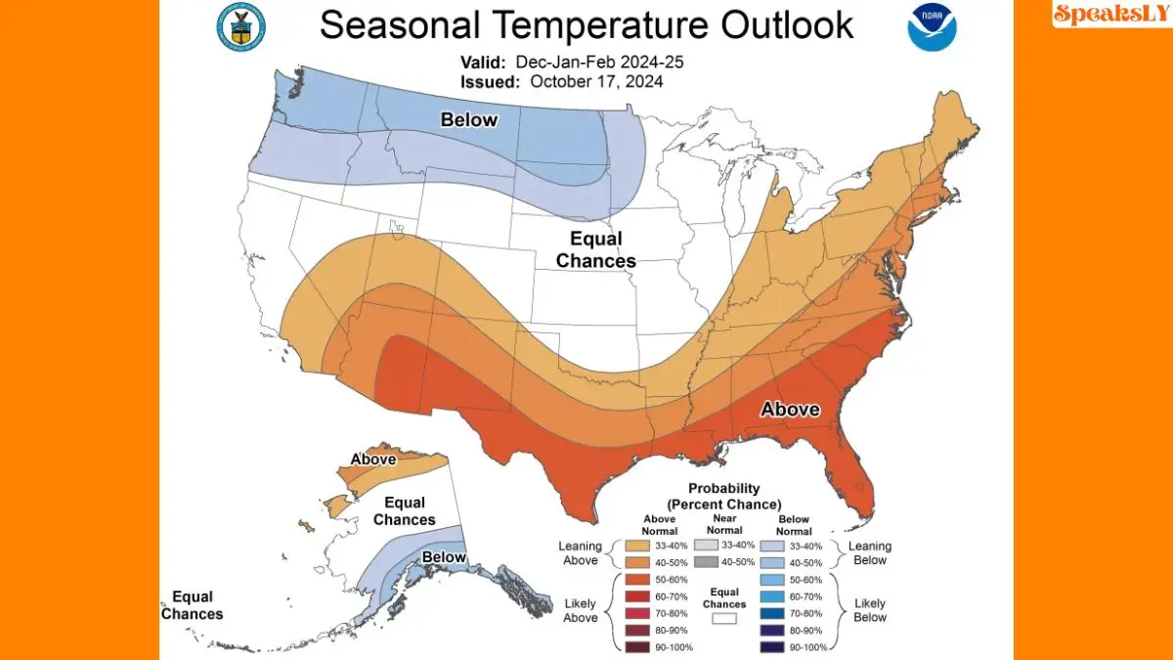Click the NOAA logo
click(932, 27)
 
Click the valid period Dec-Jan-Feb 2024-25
click(599, 62)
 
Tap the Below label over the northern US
click(469, 120)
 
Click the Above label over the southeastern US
click(790, 409)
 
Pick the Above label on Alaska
click(372, 459)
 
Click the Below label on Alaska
click(444, 557)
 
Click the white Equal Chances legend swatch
click(725, 619)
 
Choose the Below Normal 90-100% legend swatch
click(772, 647)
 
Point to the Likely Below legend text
click(870, 610)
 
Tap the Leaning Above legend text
click(581, 552)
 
